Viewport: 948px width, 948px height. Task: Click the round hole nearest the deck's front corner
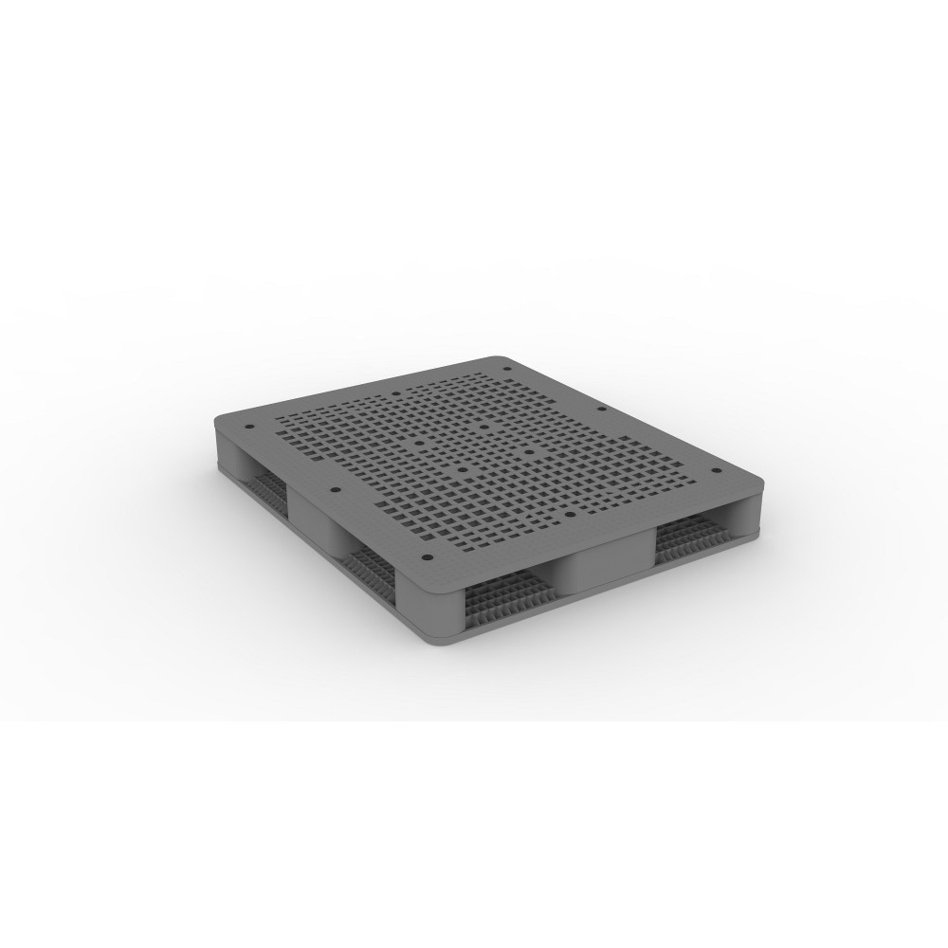coord(426,556)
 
